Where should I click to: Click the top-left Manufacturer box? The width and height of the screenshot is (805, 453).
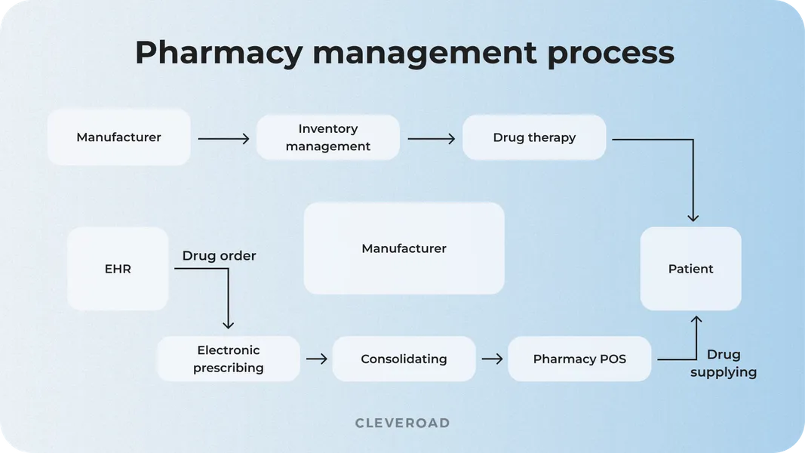118,137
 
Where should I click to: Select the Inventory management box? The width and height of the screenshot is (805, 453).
327,137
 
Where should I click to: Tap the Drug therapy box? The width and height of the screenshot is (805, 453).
534,137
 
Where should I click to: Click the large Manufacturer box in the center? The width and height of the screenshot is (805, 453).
404,248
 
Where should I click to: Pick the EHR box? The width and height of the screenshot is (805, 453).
118,269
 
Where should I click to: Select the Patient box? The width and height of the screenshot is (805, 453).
690,269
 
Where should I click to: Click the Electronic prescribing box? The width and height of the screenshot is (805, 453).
228,359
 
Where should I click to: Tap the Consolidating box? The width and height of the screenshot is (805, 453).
404,359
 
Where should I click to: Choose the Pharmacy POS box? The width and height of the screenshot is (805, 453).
579,359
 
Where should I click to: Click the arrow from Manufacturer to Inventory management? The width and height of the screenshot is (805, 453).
223,139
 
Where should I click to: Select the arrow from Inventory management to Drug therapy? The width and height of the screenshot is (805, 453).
432,139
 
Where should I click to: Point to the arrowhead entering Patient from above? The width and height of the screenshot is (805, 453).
693,217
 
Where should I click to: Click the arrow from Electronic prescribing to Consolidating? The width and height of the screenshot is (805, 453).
317,359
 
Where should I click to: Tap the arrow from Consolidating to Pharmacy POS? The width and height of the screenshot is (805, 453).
492,359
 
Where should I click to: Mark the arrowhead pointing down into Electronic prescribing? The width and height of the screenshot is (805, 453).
228,324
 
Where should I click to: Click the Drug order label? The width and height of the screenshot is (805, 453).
219,256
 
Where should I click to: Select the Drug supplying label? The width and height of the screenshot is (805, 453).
723,363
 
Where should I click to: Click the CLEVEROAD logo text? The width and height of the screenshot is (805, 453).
402,424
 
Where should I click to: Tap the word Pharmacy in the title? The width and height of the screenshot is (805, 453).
219,53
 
